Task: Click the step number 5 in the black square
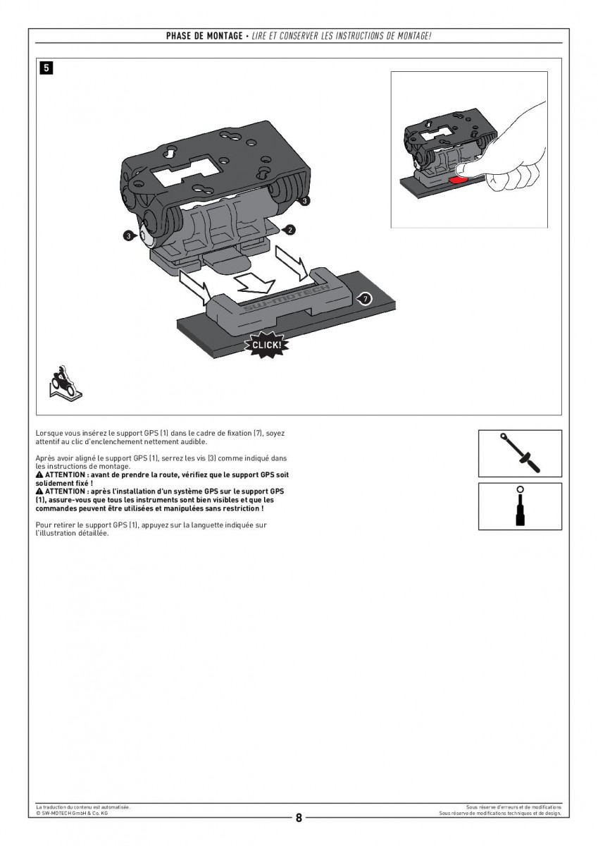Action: point(46,68)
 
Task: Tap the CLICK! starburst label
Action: point(266,345)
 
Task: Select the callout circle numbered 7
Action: point(364,299)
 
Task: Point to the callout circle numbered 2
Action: point(289,229)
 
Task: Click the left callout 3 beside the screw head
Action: point(128,236)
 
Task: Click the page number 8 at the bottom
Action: point(299,818)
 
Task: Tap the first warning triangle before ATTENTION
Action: point(39,475)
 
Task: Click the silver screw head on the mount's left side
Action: point(146,235)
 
